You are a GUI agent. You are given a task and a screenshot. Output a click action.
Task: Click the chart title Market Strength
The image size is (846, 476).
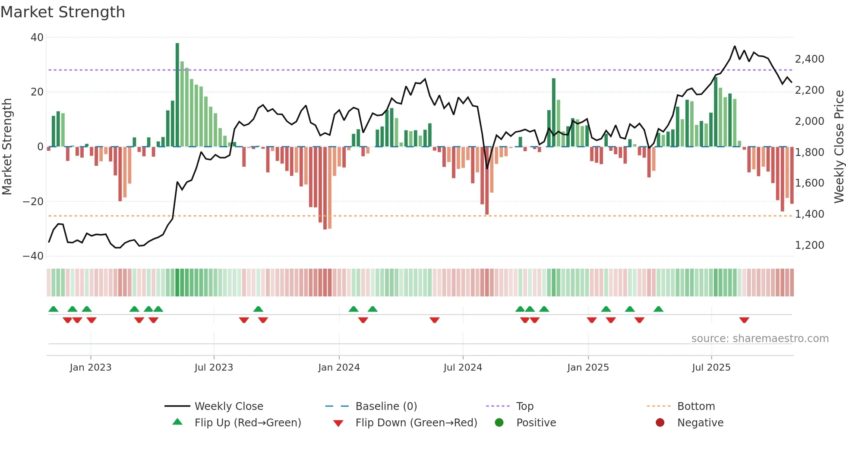click(x=63, y=12)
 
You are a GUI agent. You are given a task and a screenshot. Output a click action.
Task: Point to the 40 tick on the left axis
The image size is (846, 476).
click(x=37, y=38)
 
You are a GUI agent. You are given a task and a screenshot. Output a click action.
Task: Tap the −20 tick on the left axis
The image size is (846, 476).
click(x=33, y=201)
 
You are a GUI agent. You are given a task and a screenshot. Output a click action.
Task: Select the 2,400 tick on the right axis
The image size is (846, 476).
click(x=809, y=59)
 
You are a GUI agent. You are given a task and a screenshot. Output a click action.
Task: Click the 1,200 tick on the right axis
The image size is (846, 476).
click(x=809, y=245)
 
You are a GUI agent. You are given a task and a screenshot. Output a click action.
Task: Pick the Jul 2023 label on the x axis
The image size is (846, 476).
click(x=214, y=368)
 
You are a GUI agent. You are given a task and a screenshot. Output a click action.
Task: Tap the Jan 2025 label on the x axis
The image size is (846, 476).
click(x=588, y=368)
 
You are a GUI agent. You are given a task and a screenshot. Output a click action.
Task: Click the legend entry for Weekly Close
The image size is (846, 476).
click(x=228, y=406)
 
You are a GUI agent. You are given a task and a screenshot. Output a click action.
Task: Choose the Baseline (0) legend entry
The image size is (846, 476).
click(x=386, y=406)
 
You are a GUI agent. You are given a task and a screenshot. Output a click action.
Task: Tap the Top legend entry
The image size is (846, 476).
click(x=524, y=406)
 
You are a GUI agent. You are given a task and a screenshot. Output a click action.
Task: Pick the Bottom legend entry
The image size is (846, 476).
click(x=696, y=406)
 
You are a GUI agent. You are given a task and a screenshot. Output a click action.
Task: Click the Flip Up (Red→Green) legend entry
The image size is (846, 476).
click(x=247, y=423)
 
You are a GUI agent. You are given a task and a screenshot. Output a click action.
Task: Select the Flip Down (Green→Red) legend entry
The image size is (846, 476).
click(x=416, y=423)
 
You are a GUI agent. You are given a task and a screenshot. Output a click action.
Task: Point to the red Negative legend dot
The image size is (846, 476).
click(x=660, y=423)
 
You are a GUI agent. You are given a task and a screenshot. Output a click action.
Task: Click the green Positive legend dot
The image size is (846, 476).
click(x=499, y=423)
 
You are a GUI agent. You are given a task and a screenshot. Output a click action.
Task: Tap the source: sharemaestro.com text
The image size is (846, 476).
click(x=760, y=339)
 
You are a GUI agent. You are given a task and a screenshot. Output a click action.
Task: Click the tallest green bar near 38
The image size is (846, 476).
click(x=177, y=95)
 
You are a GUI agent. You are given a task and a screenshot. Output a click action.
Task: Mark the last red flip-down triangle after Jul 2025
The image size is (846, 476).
click(x=744, y=320)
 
